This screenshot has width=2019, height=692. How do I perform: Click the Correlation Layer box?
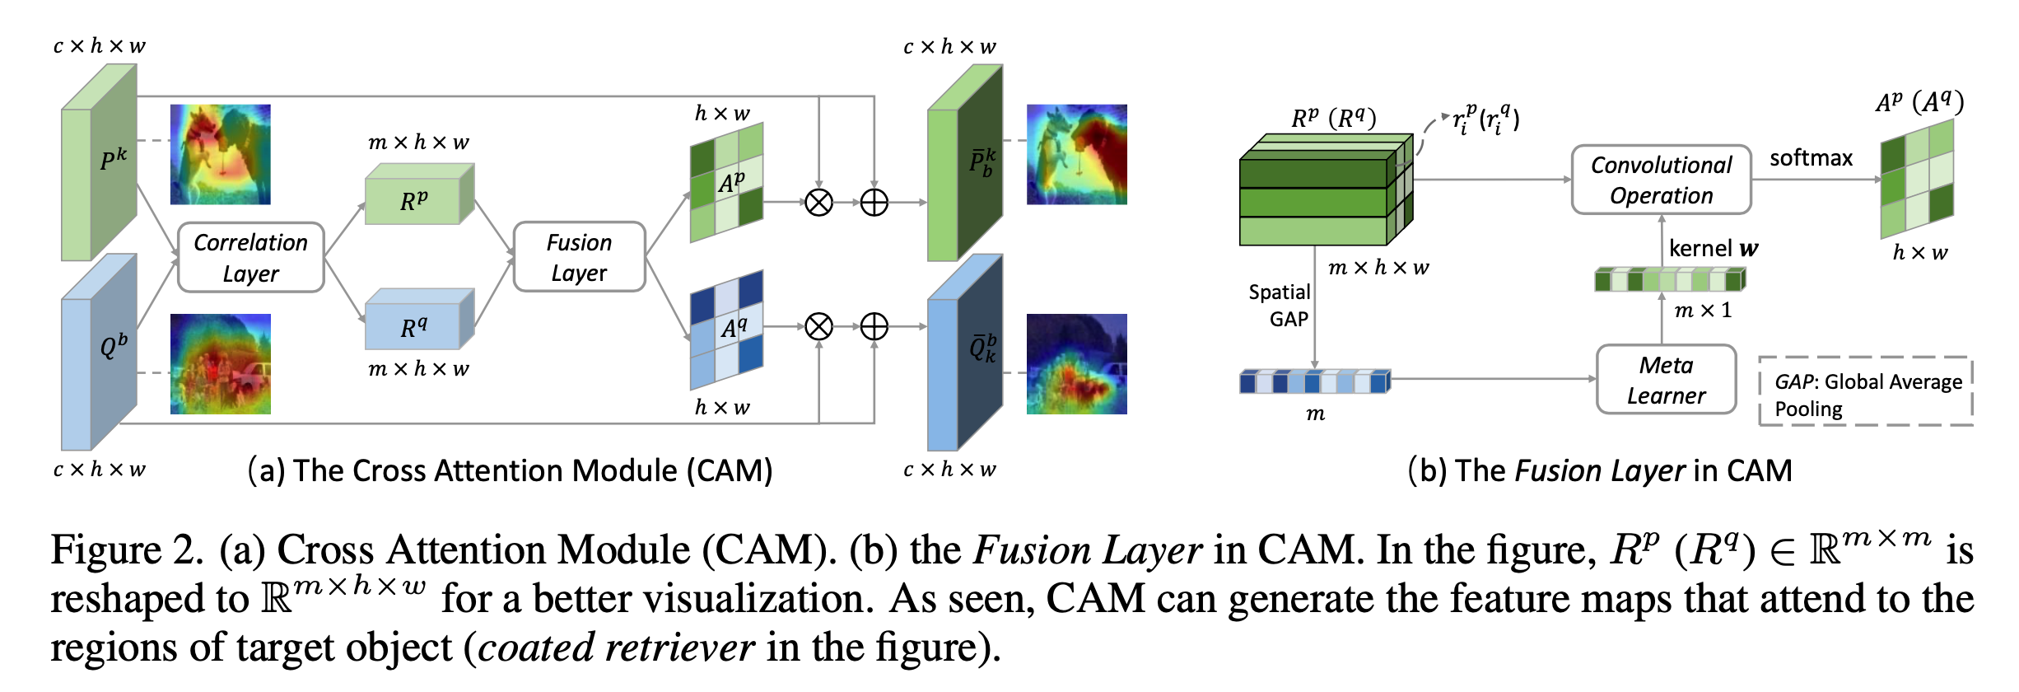[x=250, y=257]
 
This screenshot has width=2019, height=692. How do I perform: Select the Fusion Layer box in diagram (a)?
[x=579, y=257]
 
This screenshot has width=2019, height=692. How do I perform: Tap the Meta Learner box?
[x=1666, y=380]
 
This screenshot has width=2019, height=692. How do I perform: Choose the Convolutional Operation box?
[x=1661, y=180]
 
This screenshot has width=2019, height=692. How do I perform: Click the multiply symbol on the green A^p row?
[x=818, y=202]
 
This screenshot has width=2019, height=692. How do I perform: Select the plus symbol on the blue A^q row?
[x=874, y=327]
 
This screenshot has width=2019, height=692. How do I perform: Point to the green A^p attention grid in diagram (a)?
[x=727, y=183]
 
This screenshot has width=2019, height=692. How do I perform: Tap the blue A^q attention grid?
[x=727, y=330]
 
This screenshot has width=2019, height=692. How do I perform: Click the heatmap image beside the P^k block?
[x=220, y=154]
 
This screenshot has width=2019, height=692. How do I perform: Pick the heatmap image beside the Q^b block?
[x=220, y=363]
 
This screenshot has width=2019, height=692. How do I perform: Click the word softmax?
[x=1811, y=157]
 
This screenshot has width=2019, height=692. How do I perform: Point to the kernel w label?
[x=1713, y=248]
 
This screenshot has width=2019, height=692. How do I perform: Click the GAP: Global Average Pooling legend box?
[x=1866, y=392]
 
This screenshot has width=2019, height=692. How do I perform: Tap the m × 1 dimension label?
[x=1703, y=311]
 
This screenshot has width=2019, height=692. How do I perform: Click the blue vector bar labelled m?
[x=1314, y=381]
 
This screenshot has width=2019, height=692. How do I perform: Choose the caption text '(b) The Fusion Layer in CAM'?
[x=1599, y=470]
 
